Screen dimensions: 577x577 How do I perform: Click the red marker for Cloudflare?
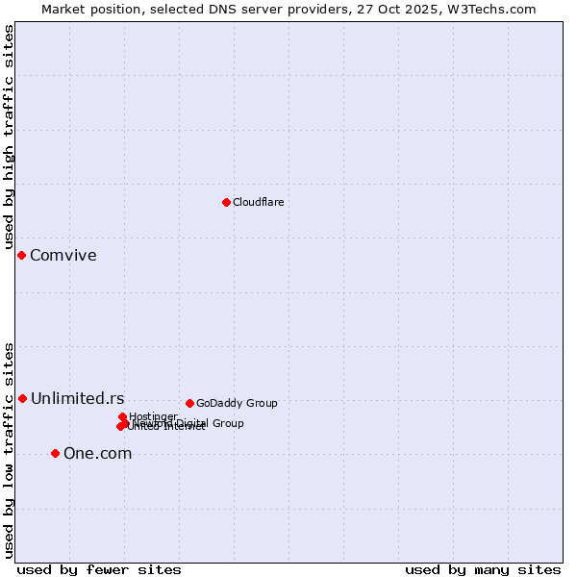pyautogui.click(x=226, y=202)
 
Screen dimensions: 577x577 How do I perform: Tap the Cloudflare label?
pyautogui.click(x=258, y=202)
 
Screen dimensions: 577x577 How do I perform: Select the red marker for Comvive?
pyautogui.click(x=22, y=255)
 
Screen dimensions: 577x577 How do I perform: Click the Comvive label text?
pyautogui.click(x=63, y=255)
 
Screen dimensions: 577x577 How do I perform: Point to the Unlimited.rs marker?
pyautogui.click(x=22, y=398)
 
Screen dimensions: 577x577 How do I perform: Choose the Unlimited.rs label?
pyautogui.click(x=77, y=398)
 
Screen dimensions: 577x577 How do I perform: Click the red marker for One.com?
pyautogui.click(x=55, y=453)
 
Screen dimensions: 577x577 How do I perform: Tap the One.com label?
pyautogui.click(x=97, y=454)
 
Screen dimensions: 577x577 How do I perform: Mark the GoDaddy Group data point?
pyautogui.click(x=189, y=403)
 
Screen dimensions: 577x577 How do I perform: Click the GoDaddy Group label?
pyautogui.click(x=237, y=403)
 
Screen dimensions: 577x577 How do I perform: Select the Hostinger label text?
pyautogui.click(x=153, y=416)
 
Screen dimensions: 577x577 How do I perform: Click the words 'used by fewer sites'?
pyautogui.click(x=99, y=569)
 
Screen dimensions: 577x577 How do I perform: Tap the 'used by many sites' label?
pyautogui.click(x=483, y=569)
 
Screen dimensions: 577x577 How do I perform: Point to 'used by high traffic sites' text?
pyautogui.click(x=10, y=139)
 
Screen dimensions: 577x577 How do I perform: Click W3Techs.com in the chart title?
pyautogui.click(x=495, y=9)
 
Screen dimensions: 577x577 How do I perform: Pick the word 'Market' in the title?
pyautogui.click(x=63, y=9)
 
